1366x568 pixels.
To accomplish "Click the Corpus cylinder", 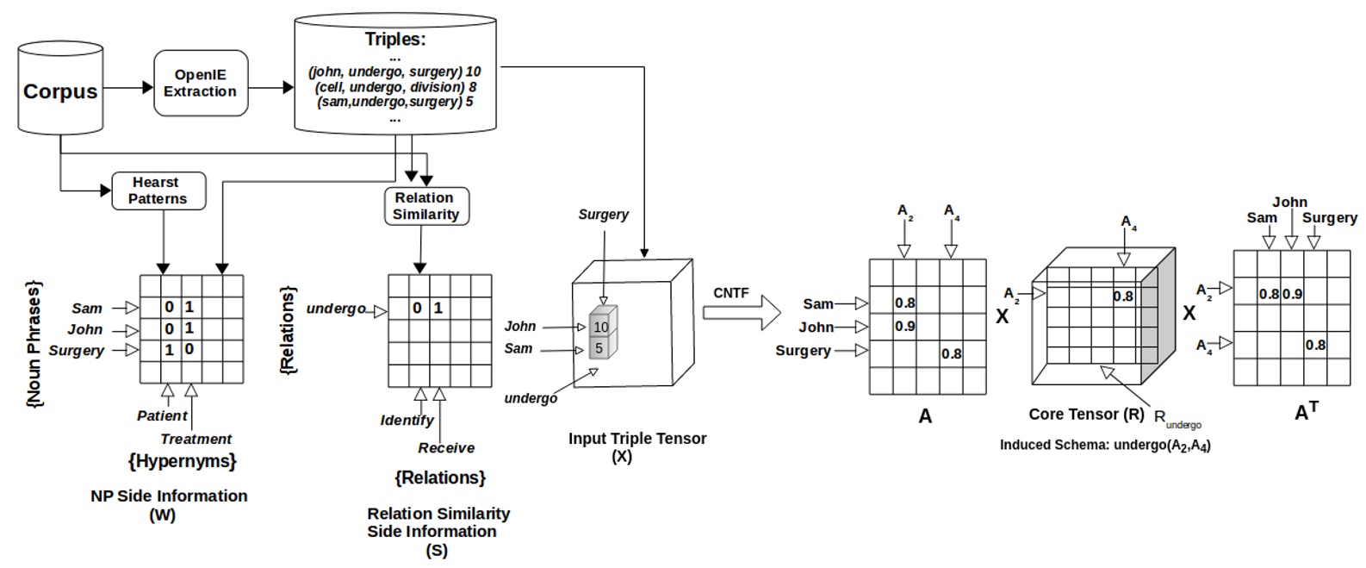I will [60, 90].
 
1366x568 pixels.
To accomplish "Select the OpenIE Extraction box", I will [201, 83].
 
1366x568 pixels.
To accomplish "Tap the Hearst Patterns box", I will [158, 190].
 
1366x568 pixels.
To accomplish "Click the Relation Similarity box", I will [426, 206].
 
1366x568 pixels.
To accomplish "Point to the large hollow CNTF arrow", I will [741, 311].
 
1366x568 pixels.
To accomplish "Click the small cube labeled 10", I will [601, 327].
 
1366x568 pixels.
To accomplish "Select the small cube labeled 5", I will [599, 348].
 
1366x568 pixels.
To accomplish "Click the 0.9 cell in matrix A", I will [904, 327].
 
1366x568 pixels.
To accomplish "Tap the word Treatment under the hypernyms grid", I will [196, 439].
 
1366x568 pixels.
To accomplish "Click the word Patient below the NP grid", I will [162, 415].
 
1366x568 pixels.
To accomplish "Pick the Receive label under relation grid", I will [446, 447].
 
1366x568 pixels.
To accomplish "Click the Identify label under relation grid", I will [407, 420].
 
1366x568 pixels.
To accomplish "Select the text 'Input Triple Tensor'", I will [637, 438].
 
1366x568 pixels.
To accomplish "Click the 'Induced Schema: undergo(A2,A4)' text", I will [1105, 445].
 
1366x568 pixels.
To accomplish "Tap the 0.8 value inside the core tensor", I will [1122, 296].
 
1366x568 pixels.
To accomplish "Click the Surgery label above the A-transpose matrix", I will [1329, 217].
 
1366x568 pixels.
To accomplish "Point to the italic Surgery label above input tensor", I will [603, 214].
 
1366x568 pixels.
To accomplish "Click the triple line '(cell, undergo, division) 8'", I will [395, 87].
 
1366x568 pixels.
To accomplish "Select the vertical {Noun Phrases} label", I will [34, 343].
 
